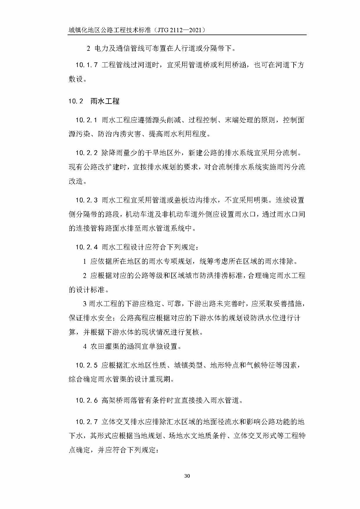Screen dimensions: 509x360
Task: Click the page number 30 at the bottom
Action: tap(187, 476)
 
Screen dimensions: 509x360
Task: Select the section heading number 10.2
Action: tap(76, 101)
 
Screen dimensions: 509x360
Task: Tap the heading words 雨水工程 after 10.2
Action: tap(105, 101)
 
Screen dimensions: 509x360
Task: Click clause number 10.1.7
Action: tap(86, 65)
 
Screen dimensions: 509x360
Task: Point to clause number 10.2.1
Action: tap(86, 120)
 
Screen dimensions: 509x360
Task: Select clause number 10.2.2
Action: tap(86, 153)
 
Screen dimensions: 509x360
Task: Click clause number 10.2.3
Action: tap(86, 200)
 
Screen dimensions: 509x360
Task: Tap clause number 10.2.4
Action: tap(86, 247)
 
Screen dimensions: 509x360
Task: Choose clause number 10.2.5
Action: tap(86, 365)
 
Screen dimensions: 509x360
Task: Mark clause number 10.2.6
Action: tap(86, 400)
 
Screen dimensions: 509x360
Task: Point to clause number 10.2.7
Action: tap(86, 422)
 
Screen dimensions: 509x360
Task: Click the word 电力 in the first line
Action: tap(101, 48)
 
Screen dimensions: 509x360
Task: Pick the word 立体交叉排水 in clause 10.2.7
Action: tap(123, 422)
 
